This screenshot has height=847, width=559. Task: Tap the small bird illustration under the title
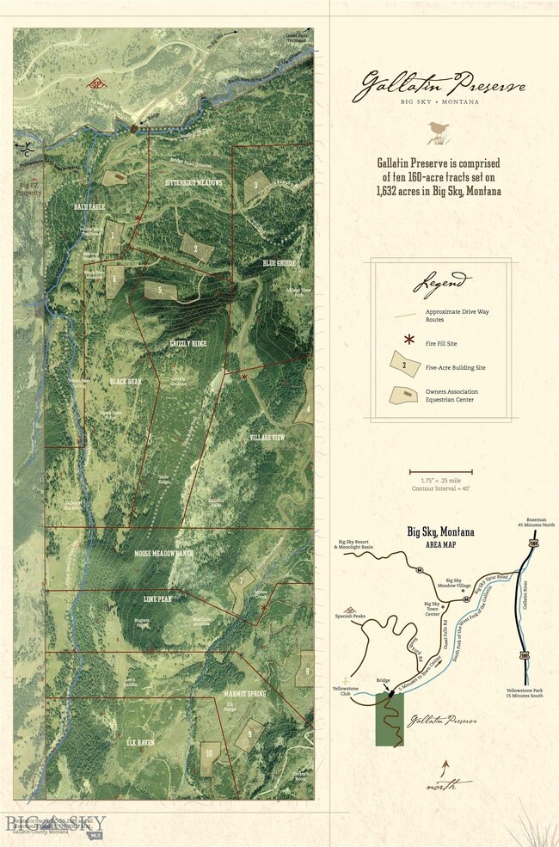coord(438,132)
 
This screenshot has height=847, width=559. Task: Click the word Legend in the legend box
coord(441,282)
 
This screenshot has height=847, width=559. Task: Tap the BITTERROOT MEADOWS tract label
coord(193,183)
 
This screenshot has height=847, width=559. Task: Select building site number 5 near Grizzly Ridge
coord(160,291)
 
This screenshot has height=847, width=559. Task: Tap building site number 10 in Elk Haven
coord(209,752)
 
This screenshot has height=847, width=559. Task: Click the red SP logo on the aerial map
coord(97,84)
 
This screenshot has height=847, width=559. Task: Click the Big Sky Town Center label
coord(431,610)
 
